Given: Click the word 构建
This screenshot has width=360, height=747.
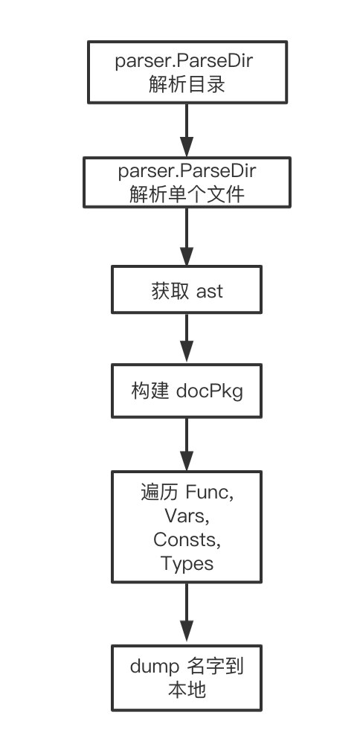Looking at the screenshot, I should point(154,391).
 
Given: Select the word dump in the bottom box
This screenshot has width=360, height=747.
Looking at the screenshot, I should point(158,666).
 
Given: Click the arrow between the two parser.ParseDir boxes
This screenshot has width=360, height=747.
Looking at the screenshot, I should point(187,129).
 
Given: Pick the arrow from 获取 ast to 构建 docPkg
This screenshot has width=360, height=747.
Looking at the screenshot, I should point(187,339).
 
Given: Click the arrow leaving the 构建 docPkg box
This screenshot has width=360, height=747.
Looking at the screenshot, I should point(187,443).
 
